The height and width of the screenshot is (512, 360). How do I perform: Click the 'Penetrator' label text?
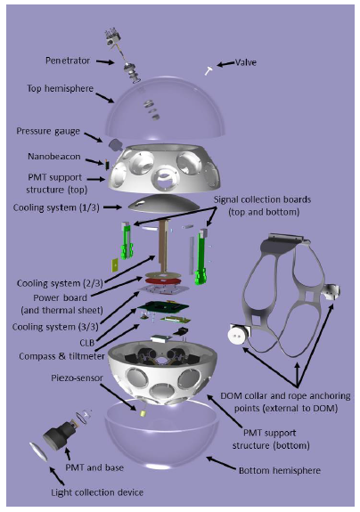click(68, 61)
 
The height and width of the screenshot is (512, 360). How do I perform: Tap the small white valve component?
click(209, 70)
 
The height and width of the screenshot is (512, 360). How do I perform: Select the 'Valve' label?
click(246, 62)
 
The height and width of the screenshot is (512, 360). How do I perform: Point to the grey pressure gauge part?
click(115, 144)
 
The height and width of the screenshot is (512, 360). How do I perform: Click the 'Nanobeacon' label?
click(53, 157)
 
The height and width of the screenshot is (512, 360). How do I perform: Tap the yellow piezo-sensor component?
click(143, 413)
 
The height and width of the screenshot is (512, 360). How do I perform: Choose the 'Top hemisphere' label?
click(60, 88)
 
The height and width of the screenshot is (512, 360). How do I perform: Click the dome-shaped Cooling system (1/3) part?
click(164, 204)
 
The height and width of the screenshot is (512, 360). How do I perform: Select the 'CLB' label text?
click(87, 343)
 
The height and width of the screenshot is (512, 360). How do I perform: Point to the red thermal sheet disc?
click(161, 280)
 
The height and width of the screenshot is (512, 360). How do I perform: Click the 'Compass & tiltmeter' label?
click(61, 356)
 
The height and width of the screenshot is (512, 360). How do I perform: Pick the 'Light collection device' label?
click(97, 492)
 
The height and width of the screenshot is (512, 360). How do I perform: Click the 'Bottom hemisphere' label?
click(280, 470)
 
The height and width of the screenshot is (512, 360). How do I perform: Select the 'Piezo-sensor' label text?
click(77, 378)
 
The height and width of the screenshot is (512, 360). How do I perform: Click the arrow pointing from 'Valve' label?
click(225, 64)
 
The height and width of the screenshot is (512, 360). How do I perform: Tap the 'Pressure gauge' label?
click(48, 131)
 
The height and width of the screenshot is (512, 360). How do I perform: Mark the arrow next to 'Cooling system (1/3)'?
click(112, 207)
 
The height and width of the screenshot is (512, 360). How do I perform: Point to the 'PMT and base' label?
click(94, 467)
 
